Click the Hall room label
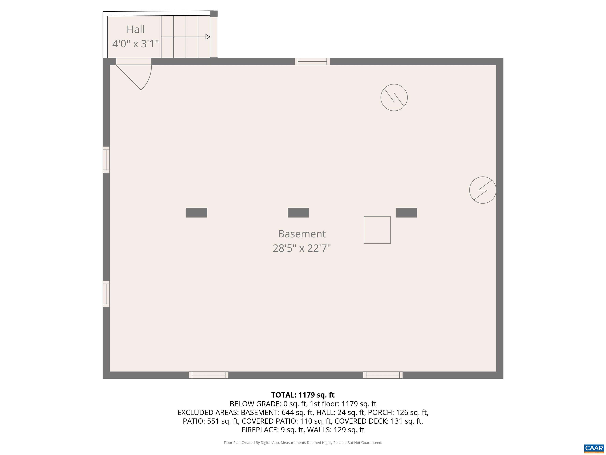[x=136, y=29]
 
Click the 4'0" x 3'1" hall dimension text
[x=136, y=44]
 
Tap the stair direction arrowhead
[x=208, y=37]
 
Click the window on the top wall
[x=312, y=61]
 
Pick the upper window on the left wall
[x=106, y=160]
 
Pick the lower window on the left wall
[x=106, y=294]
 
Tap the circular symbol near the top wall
[x=394, y=97]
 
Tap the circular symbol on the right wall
[x=483, y=190]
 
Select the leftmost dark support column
[x=196, y=212]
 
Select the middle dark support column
[x=298, y=212]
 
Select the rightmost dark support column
[x=406, y=212]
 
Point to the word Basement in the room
[x=302, y=234]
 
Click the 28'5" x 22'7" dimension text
[x=302, y=248]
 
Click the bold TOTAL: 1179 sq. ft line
[x=303, y=395]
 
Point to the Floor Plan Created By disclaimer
[x=303, y=443]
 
